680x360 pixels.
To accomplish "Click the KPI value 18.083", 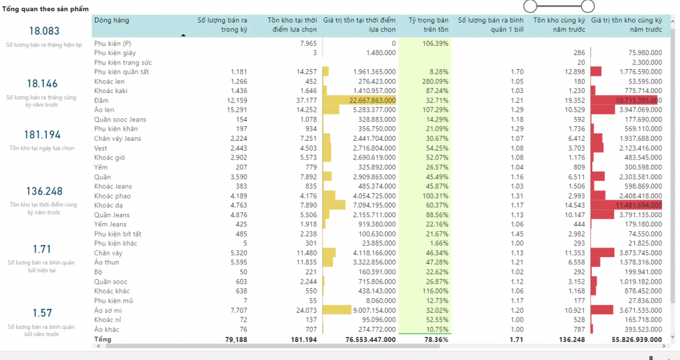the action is (44, 31).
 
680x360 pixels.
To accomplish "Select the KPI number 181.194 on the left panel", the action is (42, 134).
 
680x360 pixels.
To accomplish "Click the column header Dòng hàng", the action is (112, 20).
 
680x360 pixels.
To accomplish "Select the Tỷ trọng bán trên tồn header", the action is (428, 25).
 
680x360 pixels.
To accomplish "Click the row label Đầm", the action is (101, 100).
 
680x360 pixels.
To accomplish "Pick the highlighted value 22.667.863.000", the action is (372, 100).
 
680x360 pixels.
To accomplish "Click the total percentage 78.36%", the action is (436, 339).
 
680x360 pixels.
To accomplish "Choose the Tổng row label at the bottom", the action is (103, 339).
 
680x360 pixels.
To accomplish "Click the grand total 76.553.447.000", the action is (371, 339).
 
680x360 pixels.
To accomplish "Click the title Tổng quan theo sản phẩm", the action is (46, 9).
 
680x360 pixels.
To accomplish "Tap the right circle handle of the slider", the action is (588, 6).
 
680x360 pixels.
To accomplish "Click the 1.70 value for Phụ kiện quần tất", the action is (517, 72).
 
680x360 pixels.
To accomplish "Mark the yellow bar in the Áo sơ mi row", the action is (337, 310).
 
